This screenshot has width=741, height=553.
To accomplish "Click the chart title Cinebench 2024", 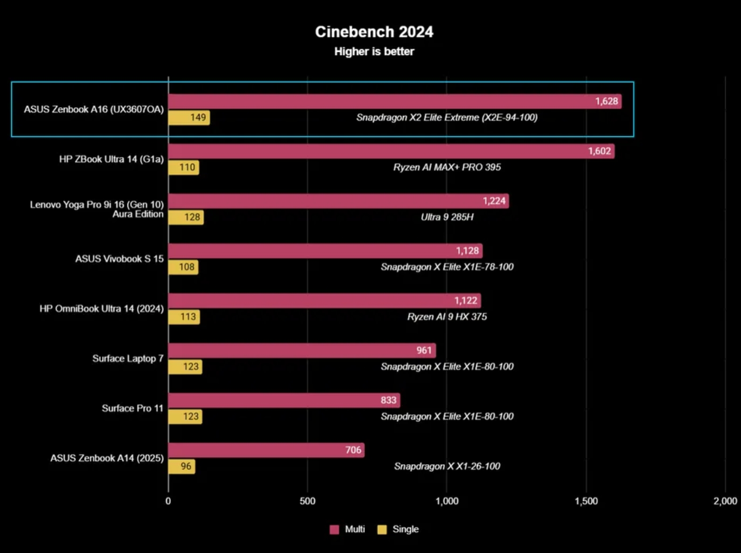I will pos(374,32).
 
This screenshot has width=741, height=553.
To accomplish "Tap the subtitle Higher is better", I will pos(374,52).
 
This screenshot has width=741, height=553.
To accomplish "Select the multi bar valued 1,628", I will pos(394,102).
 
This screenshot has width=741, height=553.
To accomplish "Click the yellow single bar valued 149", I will pos(189,118).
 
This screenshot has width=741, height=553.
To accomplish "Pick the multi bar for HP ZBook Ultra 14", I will pos(391,151).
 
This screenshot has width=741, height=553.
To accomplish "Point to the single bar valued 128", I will pos(186,217).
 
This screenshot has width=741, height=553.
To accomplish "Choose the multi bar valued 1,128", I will pos(325,251).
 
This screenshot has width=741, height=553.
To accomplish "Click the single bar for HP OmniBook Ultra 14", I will pos(184,317).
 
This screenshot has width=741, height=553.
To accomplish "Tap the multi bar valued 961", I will pos(302,351).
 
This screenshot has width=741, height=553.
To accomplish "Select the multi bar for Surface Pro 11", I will pos(284,401).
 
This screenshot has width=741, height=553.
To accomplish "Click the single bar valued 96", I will pos(182,466).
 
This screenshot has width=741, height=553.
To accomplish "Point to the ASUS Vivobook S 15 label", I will pos(119,259).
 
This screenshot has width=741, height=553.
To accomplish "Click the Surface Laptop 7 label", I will pos(128,358).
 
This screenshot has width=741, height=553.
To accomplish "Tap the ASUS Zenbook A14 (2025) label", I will pos(107,458).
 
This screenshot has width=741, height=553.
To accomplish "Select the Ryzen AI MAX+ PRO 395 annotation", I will pos(447,167).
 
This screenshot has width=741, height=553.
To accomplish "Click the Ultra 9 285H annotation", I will pos(447,217).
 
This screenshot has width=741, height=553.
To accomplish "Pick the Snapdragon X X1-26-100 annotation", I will pos(447,466).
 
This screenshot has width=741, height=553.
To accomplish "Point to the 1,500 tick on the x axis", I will pos(586,501).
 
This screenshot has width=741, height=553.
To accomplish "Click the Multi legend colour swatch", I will pos(334,529).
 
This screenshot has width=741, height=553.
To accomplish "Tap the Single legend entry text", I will pos(405,529).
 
